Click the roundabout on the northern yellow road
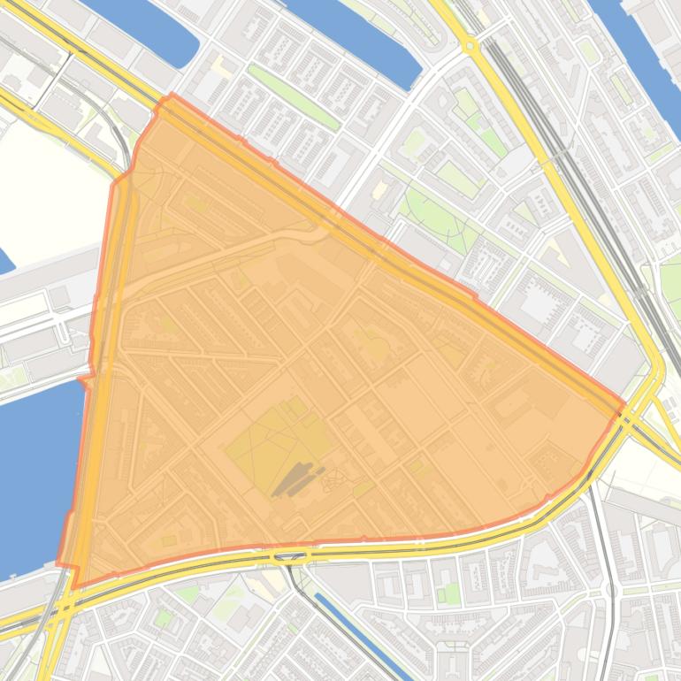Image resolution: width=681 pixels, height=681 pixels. point(471,44)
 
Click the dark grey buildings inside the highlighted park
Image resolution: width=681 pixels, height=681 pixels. point(295,478)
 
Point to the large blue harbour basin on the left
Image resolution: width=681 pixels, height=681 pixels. point(35,469)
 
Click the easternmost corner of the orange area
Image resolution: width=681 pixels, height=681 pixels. point(624,404)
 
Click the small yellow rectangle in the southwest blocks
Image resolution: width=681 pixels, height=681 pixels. point(168,540)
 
